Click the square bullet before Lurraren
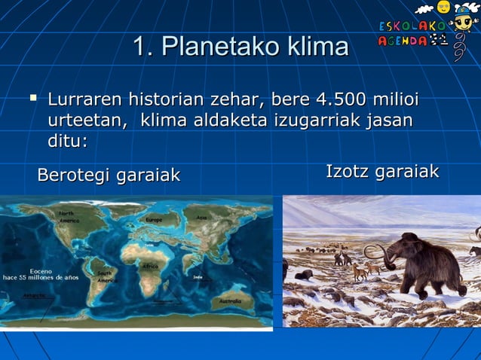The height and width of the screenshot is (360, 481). click(x=32, y=98)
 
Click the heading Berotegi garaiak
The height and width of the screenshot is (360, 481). click(x=109, y=175)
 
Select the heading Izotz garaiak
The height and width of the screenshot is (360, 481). click(x=382, y=172)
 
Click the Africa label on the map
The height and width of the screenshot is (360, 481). click(x=150, y=266)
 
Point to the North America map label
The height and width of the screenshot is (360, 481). click(x=69, y=218)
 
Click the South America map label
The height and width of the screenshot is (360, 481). click(x=106, y=276)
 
